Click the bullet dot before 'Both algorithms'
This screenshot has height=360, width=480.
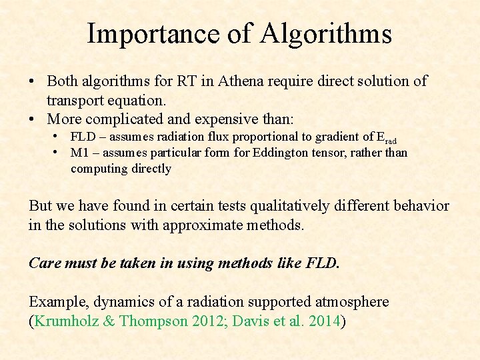click(31, 82)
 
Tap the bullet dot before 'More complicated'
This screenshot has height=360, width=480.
click(31, 119)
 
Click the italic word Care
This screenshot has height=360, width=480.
click(44, 263)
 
